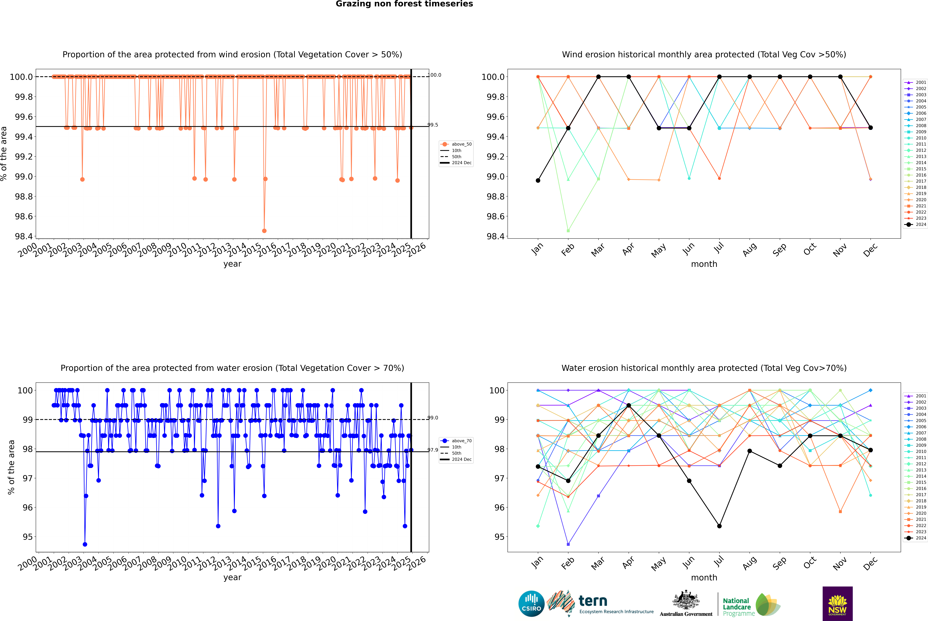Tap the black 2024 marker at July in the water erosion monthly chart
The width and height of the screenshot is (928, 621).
(x=719, y=526)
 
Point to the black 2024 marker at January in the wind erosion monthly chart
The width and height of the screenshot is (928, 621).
(x=538, y=181)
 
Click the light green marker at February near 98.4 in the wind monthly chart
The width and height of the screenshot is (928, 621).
(x=568, y=230)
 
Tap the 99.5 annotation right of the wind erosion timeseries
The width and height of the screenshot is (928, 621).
(x=433, y=125)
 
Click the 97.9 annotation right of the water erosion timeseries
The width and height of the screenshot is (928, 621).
(x=433, y=450)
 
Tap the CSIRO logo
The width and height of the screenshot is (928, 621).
(x=531, y=604)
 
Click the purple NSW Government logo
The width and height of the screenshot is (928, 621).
(x=837, y=604)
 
